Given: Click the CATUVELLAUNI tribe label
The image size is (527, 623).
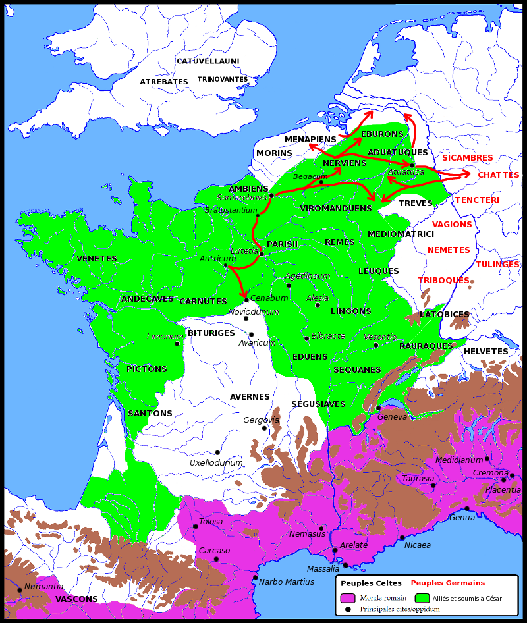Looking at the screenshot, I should pyautogui.click(x=208, y=61).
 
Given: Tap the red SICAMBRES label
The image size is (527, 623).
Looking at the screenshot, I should pyautogui.click(x=467, y=158).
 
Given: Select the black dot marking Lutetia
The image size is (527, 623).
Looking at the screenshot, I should pyautogui.click(x=262, y=254).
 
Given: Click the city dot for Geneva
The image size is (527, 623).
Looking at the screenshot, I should pyautogui.click(x=378, y=408).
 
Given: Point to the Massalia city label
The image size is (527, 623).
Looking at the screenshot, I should pyautogui.click(x=323, y=569).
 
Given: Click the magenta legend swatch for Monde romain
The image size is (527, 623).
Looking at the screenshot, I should pyautogui.click(x=348, y=598).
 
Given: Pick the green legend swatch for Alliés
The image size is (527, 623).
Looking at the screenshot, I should pyautogui.click(x=422, y=598).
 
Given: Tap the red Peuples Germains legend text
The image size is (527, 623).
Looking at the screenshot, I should pyautogui.click(x=447, y=583).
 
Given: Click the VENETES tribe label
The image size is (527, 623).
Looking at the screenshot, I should pyautogui.click(x=97, y=259).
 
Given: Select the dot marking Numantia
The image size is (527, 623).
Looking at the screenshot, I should pyautogui.click(x=19, y=590).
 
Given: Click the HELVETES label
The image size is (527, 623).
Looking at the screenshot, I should pyautogui.click(x=485, y=352).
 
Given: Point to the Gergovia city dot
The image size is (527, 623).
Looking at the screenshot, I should pyautogui.click(x=264, y=428).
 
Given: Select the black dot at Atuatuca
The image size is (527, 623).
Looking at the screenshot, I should pyautogui.click(x=412, y=165).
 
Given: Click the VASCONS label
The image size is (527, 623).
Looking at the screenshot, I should pyautogui.click(x=76, y=599).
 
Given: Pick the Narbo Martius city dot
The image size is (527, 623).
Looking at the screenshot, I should pyautogui.click(x=255, y=578).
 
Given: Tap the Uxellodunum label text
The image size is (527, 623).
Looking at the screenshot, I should pyautogui.click(x=216, y=463).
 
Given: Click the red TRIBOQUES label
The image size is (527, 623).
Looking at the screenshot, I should pyautogui.click(x=443, y=280).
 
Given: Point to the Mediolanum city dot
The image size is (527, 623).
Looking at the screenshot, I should pyautogui.click(x=487, y=458).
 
